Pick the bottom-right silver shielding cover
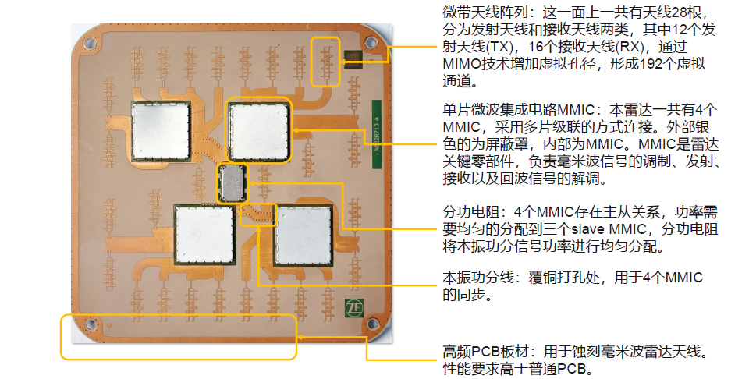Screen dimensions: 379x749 [304, 233]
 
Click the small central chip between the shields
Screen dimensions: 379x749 [232, 184]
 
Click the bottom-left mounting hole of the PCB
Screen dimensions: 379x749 [91, 325]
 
